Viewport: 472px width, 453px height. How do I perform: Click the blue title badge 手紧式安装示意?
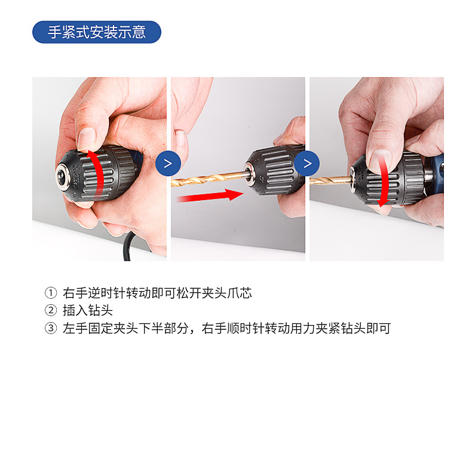pyautogui.click(x=97, y=32)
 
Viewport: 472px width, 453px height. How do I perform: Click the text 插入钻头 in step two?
pyautogui.click(x=87, y=311)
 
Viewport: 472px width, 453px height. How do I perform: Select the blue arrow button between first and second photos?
pyautogui.click(x=168, y=163)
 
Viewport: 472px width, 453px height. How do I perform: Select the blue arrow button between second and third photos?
pyautogui.click(x=307, y=163)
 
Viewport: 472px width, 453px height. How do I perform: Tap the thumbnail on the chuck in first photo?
pyautogui.click(x=88, y=138)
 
